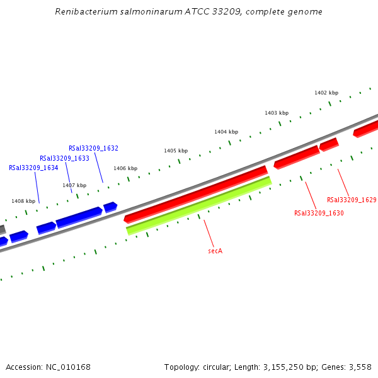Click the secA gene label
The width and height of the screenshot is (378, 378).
(215, 251)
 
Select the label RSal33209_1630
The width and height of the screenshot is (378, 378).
(319, 213)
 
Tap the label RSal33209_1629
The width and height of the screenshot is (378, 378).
(352, 200)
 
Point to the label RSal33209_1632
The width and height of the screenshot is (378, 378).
(93, 149)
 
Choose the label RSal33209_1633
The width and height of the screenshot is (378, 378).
(64, 158)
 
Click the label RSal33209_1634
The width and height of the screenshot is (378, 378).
(33, 168)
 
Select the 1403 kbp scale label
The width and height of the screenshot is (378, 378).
(277, 113)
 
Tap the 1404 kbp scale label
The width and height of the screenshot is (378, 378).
(226, 132)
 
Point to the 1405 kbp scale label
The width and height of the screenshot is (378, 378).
(176, 151)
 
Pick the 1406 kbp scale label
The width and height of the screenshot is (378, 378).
(125, 168)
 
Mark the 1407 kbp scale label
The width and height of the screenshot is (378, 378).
(74, 185)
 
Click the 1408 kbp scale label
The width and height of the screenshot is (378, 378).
(23, 201)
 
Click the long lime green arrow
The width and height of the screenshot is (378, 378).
(198, 205)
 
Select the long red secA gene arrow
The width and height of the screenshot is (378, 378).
(196, 193)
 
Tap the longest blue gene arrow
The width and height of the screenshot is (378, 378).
(79, 216)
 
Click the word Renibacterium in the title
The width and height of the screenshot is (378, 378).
(84, 11)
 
